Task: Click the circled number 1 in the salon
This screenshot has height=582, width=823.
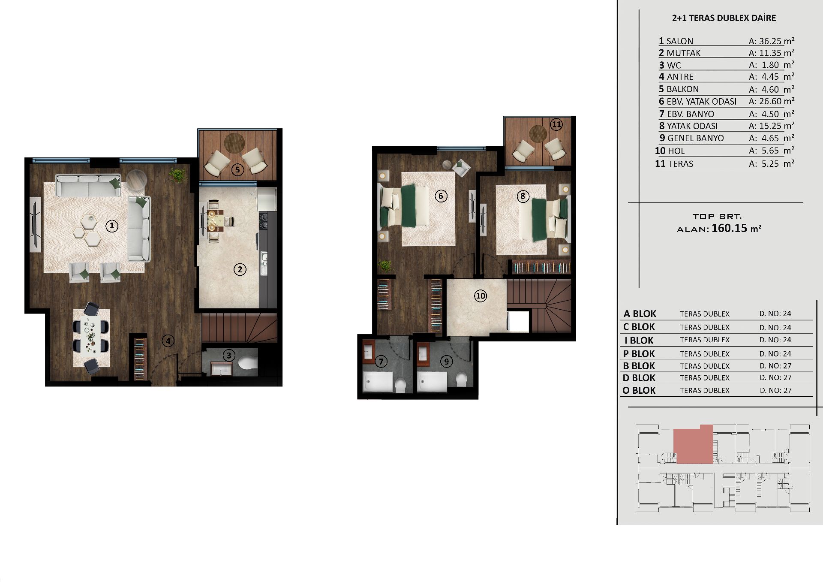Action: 112,226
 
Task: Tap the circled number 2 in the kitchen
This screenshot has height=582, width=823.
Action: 240,269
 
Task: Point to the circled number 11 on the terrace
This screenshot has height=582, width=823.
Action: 556,125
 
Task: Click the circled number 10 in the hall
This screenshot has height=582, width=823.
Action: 481,296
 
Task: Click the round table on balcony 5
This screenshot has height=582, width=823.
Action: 234,143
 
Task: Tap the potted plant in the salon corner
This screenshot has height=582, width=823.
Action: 177,175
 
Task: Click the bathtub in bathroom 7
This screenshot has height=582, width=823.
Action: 378,382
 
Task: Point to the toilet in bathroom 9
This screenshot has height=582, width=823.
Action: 461,380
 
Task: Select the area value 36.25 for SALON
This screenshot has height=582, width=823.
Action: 770,41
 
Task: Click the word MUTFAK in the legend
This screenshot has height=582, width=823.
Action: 684,53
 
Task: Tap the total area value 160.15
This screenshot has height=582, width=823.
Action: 729,228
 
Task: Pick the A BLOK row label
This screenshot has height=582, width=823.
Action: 640,314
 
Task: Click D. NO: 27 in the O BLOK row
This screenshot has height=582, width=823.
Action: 775,390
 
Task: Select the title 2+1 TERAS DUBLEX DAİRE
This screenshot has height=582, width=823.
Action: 724,18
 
